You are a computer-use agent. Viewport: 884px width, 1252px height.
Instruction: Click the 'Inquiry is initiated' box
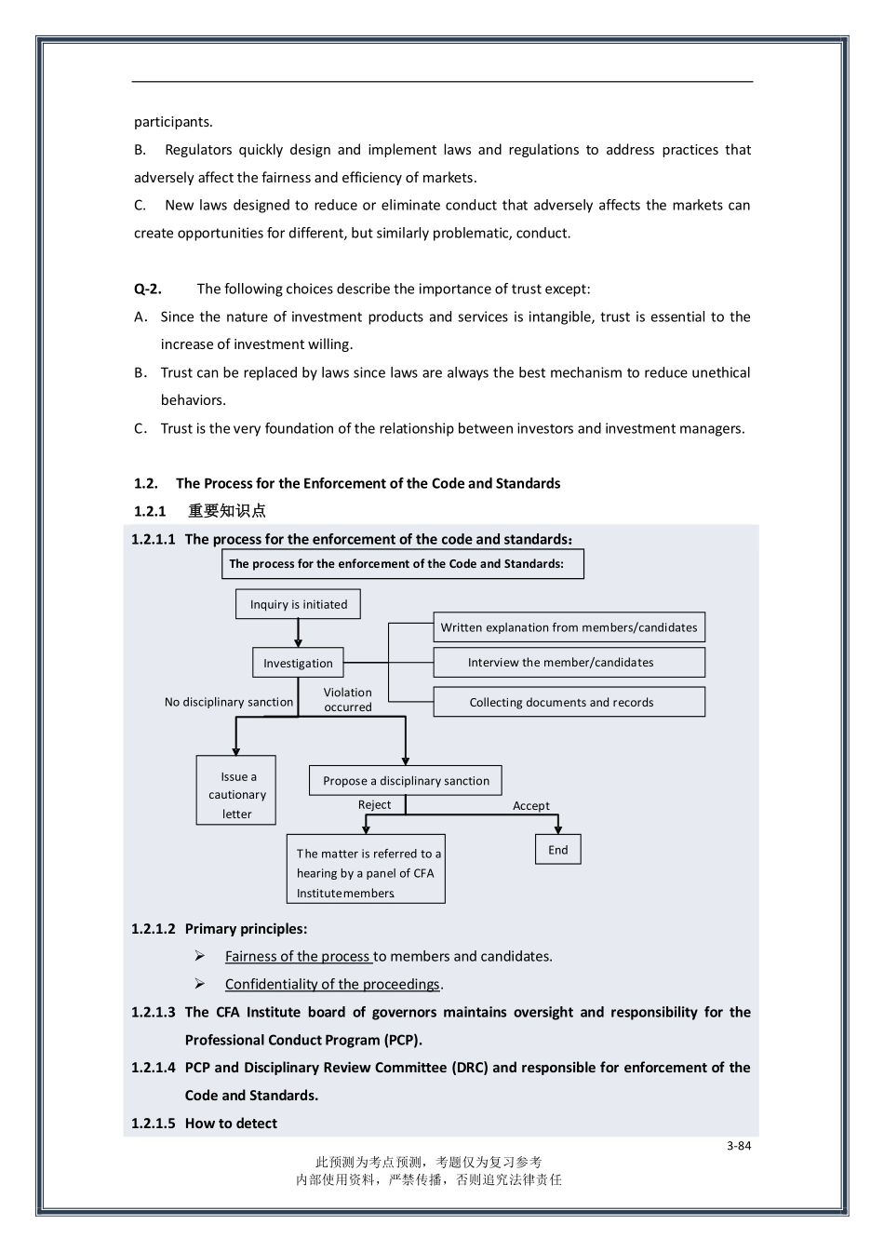[298, 604]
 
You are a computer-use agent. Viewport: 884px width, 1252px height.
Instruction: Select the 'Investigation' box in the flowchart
[298, 663]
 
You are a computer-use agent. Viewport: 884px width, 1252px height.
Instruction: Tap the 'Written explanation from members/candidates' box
[569, 627]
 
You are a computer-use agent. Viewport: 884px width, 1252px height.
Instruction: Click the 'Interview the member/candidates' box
[569, 663]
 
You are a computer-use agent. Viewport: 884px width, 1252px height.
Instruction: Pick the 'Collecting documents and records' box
[569, 702]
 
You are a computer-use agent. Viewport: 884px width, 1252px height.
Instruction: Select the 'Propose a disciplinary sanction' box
[406, 780]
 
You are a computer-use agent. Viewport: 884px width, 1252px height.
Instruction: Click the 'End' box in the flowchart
[557, 849]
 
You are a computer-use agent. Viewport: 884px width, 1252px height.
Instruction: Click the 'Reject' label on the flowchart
[374, 805]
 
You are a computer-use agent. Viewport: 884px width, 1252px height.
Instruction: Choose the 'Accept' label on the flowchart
[530, 806]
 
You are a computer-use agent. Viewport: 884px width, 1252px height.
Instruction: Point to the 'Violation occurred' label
[347, 700]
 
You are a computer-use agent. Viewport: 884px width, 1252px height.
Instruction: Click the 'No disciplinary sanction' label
[229, 702]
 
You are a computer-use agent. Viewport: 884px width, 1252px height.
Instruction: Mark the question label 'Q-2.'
[147, 289]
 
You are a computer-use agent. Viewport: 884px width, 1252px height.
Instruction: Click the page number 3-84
[739, 1146]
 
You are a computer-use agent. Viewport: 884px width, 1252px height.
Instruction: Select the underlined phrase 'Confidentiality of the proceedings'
[332, 984]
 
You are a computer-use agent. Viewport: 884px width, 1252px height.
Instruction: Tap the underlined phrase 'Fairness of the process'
[298, 956]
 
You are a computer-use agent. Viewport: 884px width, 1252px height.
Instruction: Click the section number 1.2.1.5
[153, 1124]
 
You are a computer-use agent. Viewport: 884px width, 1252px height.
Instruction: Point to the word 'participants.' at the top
[173, 122]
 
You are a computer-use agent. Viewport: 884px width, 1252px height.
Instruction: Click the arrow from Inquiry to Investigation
[298, 633]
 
